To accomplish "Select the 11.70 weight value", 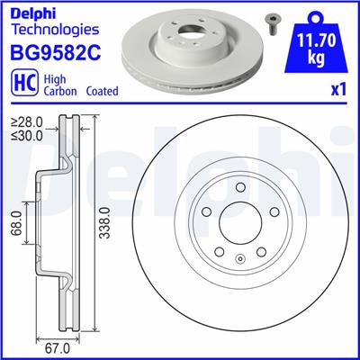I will point(311,39).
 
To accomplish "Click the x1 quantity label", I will point(337,91).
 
